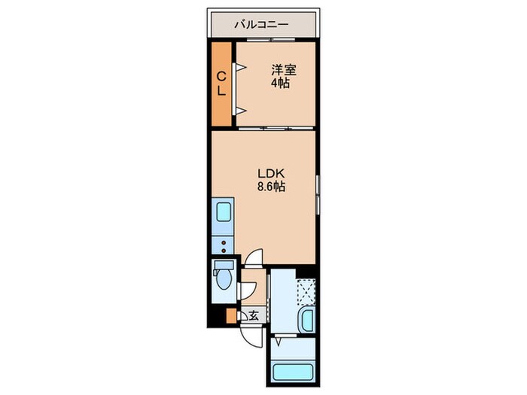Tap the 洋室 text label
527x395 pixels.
tap(284, 70)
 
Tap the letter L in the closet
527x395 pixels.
tap(222, 90)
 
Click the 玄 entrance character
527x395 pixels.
tap(254, 315)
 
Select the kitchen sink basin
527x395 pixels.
tap(223, 211)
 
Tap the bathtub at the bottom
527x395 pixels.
tap(293, 372)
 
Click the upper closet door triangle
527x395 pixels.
tap(242, 68)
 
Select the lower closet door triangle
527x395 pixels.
tap(242, 111)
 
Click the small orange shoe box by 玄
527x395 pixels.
tap(232, 316)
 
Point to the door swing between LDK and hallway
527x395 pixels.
tap(256, 257)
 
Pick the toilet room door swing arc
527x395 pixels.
tap(245, 289)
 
